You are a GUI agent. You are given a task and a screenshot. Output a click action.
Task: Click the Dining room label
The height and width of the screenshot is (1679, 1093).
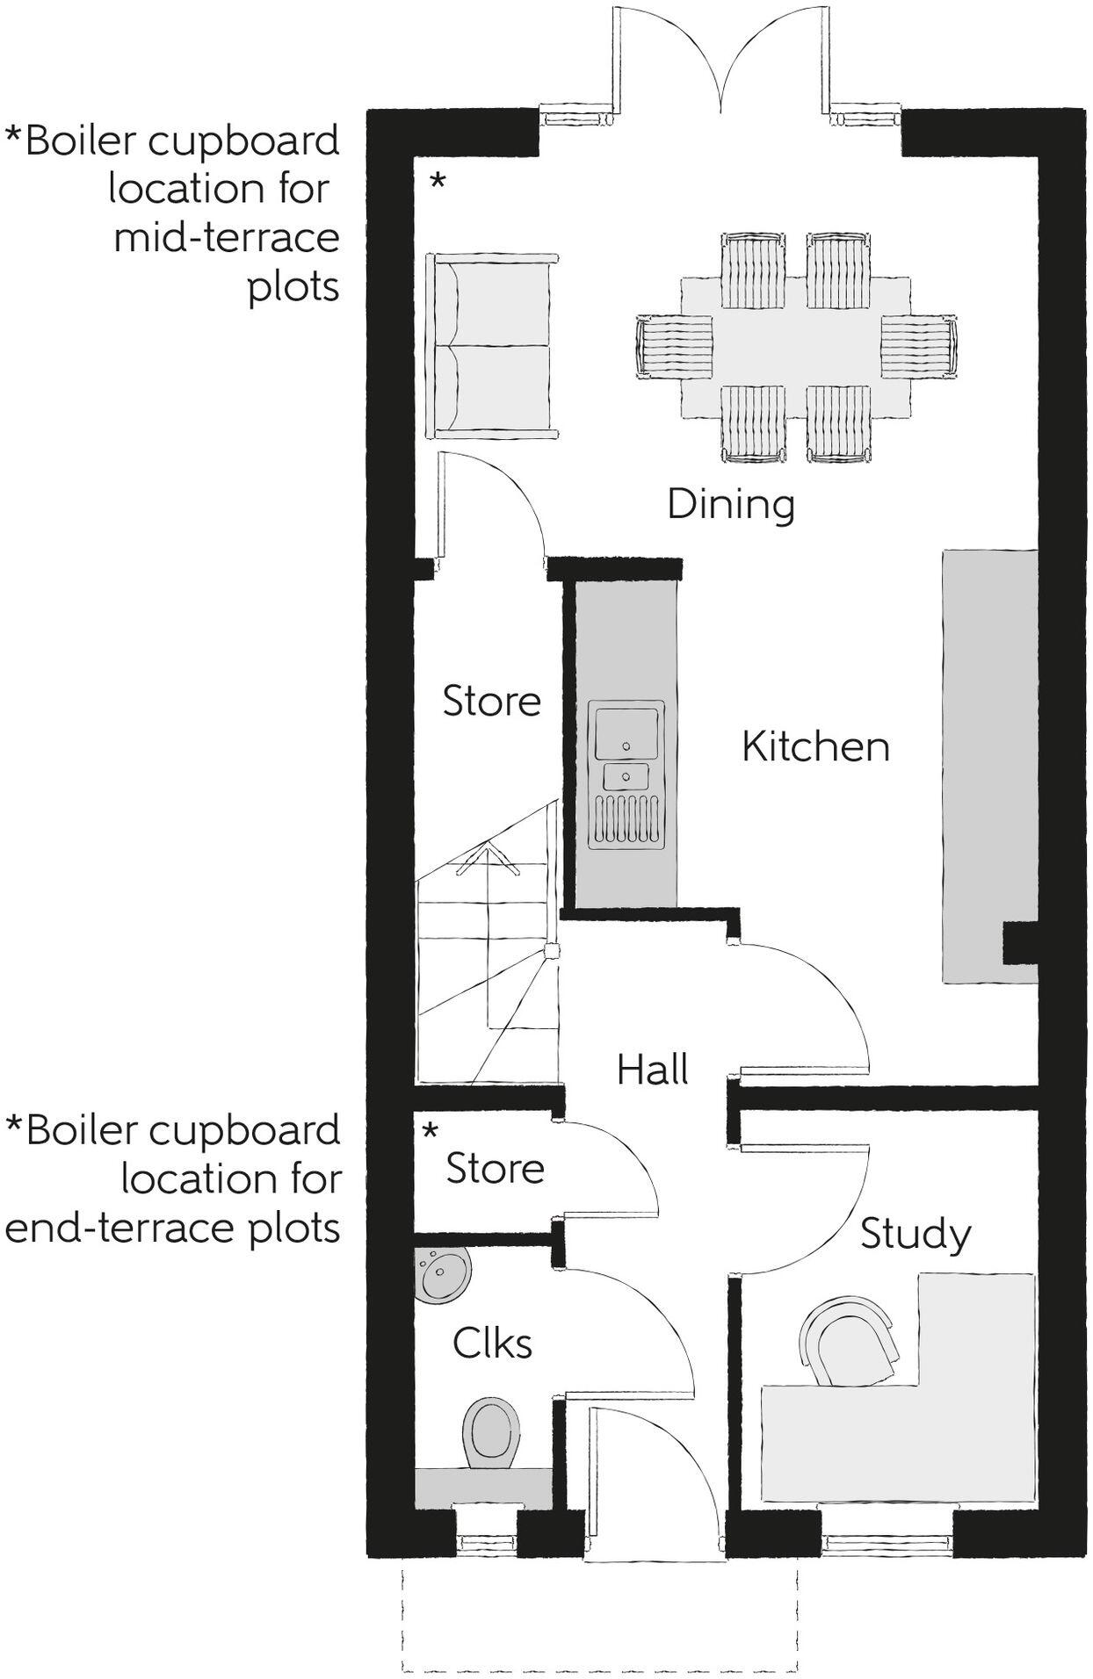click(x=730, y=505)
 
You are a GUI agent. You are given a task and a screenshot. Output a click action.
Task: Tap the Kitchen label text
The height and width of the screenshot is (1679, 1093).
click(x=815, y=746)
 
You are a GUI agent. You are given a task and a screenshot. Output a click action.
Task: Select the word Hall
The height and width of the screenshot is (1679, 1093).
click(x=652, y=1070)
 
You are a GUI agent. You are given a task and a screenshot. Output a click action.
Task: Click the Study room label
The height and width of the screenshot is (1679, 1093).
click(x=915, y=1234)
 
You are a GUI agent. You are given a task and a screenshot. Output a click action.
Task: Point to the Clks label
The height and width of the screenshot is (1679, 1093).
click(x=492, y=1343)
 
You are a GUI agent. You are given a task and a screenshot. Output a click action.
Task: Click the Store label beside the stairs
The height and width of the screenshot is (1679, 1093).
click(x=491, y=701)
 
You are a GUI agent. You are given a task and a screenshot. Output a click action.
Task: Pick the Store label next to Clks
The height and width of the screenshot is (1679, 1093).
click(x=495, y=1169)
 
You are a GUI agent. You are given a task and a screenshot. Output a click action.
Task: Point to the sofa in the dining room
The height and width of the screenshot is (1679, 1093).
click(x=490, y=345)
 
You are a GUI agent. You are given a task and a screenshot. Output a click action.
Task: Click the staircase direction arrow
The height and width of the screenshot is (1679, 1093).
click(x=484, y=856)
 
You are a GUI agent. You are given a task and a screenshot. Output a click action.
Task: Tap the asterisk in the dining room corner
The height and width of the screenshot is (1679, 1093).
click(x=437, y=182)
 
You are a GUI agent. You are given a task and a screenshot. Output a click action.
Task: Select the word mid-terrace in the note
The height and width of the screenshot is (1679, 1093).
click(x=226, y=238)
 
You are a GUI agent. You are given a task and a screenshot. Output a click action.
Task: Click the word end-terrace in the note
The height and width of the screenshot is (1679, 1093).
click(x=112, y=1228)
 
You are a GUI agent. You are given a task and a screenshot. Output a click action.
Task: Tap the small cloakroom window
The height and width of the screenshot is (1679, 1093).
click(x=485, y=1543)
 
